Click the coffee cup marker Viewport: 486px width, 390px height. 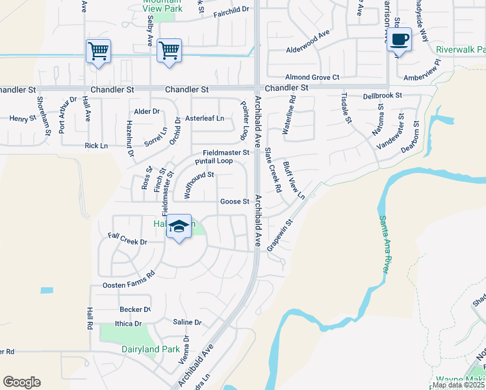point(401,40)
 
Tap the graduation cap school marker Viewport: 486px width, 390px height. point(179,227)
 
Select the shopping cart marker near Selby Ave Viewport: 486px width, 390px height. point(169,50)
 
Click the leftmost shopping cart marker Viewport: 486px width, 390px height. point(98,51)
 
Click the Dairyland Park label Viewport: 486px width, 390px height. point(151,349)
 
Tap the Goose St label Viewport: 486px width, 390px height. point(235,201)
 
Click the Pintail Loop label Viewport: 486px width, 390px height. point(214,161)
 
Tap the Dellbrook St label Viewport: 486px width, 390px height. point(383,95)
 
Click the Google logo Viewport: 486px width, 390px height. point(21,382)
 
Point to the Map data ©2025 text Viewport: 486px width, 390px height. point(458,385)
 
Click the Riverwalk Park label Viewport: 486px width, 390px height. point(461,49)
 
